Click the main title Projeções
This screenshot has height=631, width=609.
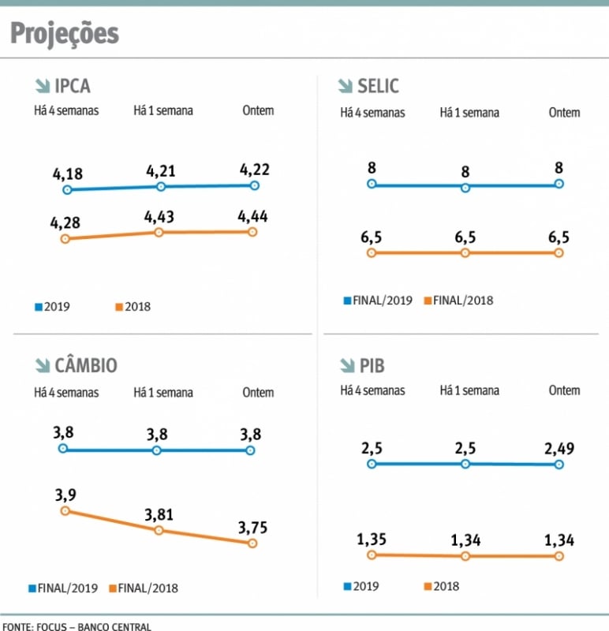pos(65,33)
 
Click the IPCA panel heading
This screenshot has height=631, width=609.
pos(72,86)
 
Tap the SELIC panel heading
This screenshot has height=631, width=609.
pos(378,86)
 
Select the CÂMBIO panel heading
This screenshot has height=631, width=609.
pos(85,366)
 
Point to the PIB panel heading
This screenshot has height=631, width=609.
pos(372,366)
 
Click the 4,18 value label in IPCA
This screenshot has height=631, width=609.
pos(67,174)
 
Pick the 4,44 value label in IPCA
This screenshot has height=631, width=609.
pos(253,215)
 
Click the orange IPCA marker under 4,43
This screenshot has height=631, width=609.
pos(159,233)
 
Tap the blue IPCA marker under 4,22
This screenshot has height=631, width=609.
pos(254,185)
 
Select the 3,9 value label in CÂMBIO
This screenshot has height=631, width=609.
pos(65,495)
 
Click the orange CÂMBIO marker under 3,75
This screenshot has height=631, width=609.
pos(252,543)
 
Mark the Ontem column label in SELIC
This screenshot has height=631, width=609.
pos(564,113)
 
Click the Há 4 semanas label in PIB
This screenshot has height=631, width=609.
pos(372,390)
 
